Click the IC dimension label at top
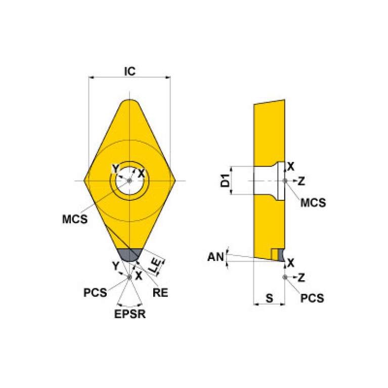pyautogui.click(x=130, y=72)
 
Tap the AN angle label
pyautogui.click(x=215, y=257)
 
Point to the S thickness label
pyautogui.click(x=269, y=299)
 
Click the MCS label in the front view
pyautogui.click(x=75, y=220)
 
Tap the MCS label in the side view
pyautogui.click(x=313, y=203)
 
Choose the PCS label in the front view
pyautogui.click(x=96, y=292)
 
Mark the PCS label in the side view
pyautogui.click(x=312, y=298)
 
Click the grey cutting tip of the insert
pyautogui.click(x=130, y=254)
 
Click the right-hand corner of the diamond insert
pyautogui.click(x=173, y=181)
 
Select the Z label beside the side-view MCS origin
pyautogui.click(x=301, y=181)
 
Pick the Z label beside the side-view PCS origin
pyautogui.click(x=301, y=277)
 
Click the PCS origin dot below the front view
pyautogui.click(x=130, y=277)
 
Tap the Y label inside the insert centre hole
pyautogui.click(x=115, y=168)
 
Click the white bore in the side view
pyautogui.click(x=266, y=181)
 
